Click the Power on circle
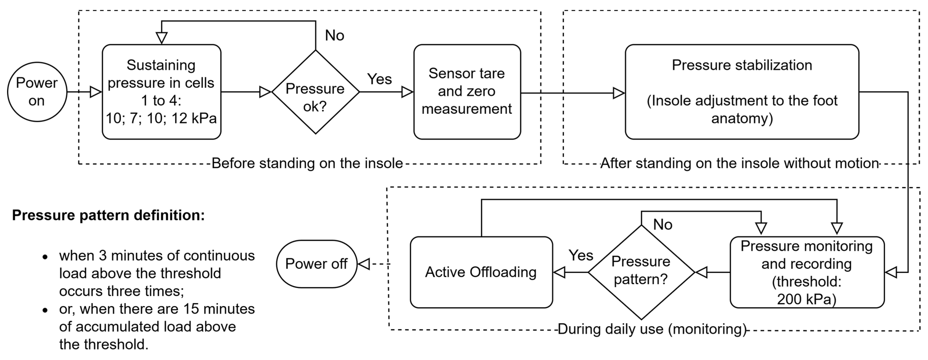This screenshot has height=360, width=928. pyautogui.click(x=37, y=92)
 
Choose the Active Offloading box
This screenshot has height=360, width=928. pyautogui.click(x=481, y=272)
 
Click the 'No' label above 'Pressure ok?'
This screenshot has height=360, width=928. pyautogui.click(x=334, y=35)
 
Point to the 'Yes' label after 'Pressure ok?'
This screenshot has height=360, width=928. pyautogui.click(x=379, y=79)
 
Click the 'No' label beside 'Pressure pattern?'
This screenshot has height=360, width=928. pyautogui.click(x=662, y=225)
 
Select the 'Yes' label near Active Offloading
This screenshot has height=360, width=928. pyautogui.click(x=581, y=256)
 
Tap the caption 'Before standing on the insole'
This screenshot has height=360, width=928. pyautogui.click(x=307, y=163)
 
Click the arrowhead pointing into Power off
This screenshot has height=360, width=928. pyautogui.click(x=364, y=264)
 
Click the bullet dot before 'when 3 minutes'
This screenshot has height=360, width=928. pyautogui.click(x=45, y=257)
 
